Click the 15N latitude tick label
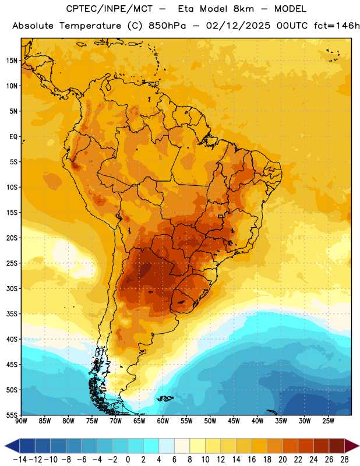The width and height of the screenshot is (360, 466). coord(12,61)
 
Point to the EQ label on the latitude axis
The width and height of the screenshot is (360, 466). coord(13,137)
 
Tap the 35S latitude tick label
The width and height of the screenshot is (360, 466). coord(12,314)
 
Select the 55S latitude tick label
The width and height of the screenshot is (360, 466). coord(12,415)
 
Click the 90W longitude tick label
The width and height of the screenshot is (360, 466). coord(21,421)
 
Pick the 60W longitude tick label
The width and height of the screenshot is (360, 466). coord(163,421)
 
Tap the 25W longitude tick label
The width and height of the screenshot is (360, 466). coord(328,421)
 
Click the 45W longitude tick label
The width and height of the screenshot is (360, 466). coord(234,421)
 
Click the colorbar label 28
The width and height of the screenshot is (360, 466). coord(344,460)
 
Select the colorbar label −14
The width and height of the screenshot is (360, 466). coord(20,460)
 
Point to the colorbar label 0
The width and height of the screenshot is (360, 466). coord(128,460)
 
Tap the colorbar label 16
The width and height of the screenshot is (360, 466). coord(252,460)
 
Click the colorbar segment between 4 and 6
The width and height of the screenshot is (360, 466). coord(167,446)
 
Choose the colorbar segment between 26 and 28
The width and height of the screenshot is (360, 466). coord(337,446)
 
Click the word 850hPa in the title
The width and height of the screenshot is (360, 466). coord(167,26)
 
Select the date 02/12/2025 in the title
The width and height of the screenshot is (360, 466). coord(238,26)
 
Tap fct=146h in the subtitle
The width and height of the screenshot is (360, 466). coord(337,26)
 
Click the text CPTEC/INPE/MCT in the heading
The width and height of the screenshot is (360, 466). coord(109,9)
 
